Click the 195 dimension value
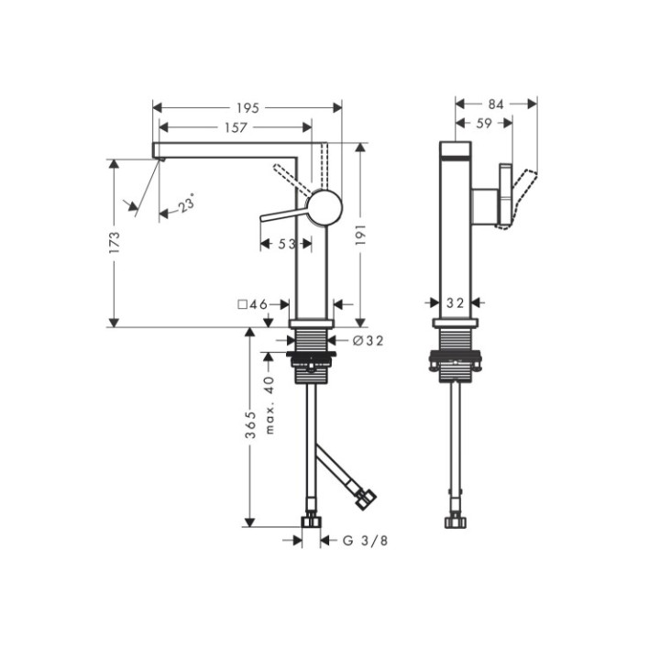(247, 108)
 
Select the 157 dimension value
(236, 128)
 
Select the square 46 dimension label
(251, 303)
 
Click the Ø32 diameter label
(368, 341)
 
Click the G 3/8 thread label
(366, 541)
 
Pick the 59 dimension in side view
(483, 123)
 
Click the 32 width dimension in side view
(456, 302)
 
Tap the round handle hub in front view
(324, 207)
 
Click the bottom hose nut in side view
(455, 523)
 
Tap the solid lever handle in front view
(284, 215)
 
